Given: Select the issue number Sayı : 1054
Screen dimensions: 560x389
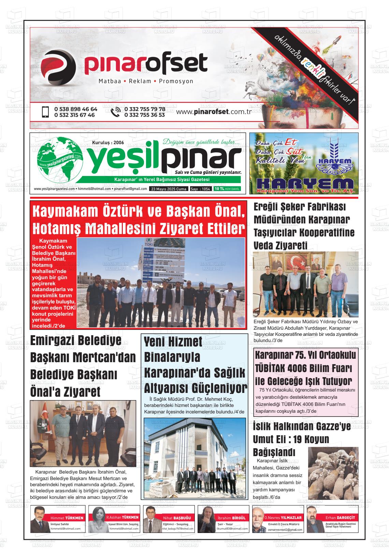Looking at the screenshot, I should click(200, 189).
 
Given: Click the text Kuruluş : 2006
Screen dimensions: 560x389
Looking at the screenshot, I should click(108, 142).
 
